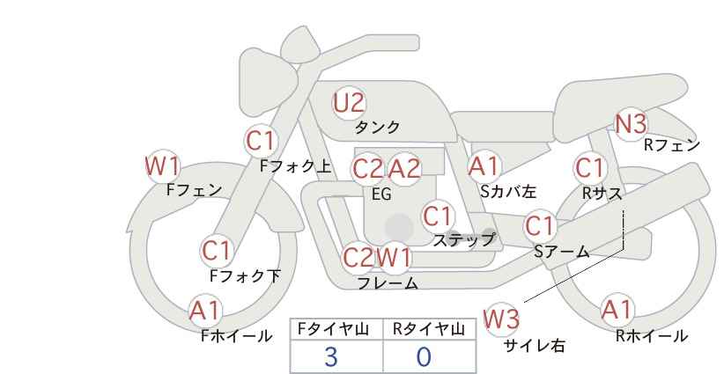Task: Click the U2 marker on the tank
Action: point(349,103)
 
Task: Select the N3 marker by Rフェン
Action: point(632,124)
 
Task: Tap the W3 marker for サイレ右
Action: point(501,319)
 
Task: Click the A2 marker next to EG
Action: point(404,169)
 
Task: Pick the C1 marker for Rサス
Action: point(589,168)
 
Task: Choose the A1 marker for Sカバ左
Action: point(484,167)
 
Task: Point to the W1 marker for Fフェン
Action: point(162,166)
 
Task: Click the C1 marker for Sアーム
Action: point(539,226)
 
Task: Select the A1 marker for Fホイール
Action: point(204,311)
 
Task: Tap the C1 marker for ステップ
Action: point(437,216)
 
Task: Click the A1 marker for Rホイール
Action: point(617,310)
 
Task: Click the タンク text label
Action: point(377,127)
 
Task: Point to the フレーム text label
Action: point(388,283)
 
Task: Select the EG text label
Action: point(382,194)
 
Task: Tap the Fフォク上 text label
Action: point(296,166)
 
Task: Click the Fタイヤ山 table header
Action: point(333,329)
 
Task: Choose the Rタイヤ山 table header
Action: point(429,329)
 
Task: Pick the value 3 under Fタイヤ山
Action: point(330,357)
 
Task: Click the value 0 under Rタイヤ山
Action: point(424,357)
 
